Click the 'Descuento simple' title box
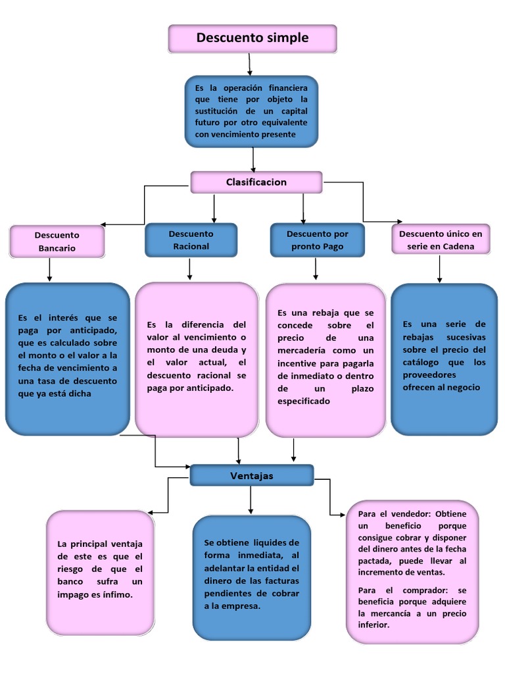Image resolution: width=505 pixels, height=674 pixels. (252, 39)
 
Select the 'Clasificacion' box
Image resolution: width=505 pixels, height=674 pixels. (256, 182)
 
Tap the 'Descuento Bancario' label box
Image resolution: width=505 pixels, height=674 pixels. (57, 242)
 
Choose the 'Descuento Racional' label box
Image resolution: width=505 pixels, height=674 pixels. (191, 240)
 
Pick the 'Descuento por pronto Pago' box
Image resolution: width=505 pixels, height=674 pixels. (318, 240)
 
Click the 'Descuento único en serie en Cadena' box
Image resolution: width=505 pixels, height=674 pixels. (441, 240)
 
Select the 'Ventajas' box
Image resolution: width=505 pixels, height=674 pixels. (252, 475)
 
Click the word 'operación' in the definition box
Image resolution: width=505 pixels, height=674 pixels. (243, 88)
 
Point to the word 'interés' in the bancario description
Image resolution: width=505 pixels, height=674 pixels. (64, 318)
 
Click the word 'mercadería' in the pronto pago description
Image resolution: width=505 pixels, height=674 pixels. (301, 350)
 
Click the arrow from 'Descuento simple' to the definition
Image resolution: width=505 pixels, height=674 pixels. (249, 65)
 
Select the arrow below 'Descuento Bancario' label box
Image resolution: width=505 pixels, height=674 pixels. (50, 270)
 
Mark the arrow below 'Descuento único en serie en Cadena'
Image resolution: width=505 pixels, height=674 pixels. (439, 269)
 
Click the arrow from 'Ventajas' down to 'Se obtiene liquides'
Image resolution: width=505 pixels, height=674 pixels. (251, 500)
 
